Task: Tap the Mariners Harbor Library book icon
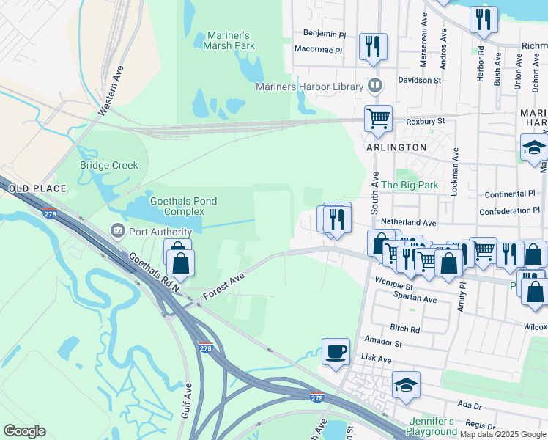coord(375,87)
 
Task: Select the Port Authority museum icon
coord(117,232)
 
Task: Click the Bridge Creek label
coord(108,165)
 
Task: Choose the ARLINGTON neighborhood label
coord(396,147)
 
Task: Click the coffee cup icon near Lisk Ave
coord(336,351)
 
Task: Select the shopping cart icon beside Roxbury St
coord(378,117)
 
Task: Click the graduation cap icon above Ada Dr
coord(406,384)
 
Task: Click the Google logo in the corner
coord(24,431)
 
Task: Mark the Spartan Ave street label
coord(415,300)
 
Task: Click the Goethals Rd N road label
coord(154,274)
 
